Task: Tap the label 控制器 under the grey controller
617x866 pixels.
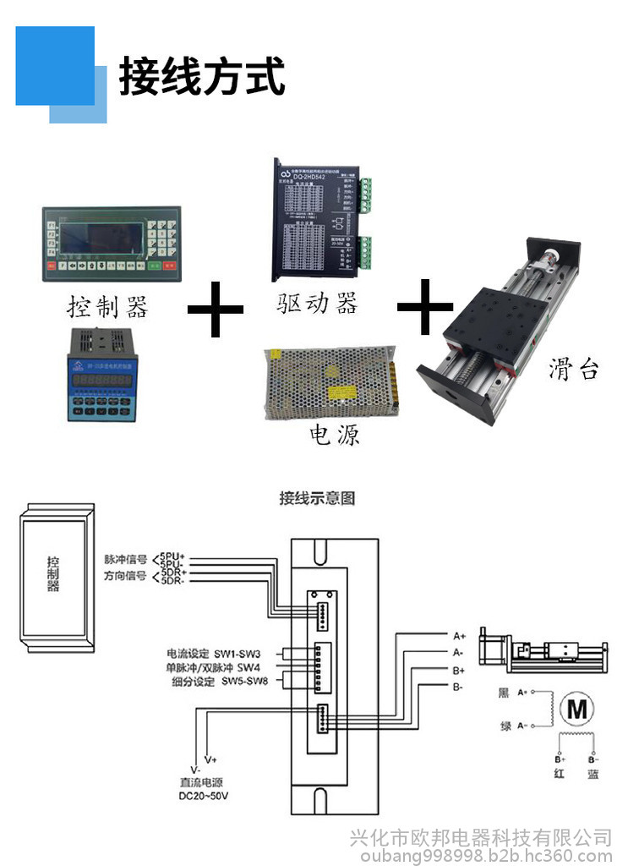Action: [x=107, y=306]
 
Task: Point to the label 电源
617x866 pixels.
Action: [x=335, y=435]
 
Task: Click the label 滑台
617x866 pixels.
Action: [x=574, y=370]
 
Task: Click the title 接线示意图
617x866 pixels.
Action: [x=317, y=498]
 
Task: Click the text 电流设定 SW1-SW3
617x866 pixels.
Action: [x=214, y=654]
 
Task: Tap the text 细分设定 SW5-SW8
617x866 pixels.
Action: [x=220, y=682]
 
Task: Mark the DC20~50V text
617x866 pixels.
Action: [x=204, y=797]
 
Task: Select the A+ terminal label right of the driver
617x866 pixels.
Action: [x=459, y=635]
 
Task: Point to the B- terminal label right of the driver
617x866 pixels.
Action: [x=457, y=687]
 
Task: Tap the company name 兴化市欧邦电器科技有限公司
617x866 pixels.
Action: [x=480, y=837]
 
